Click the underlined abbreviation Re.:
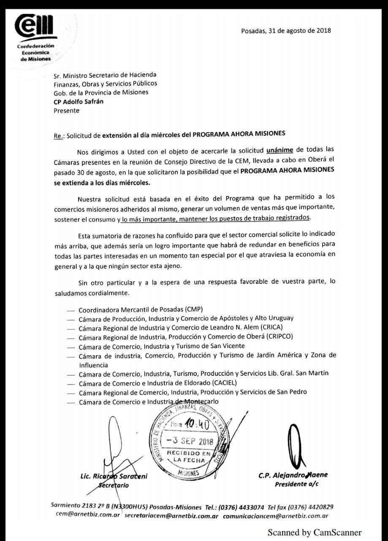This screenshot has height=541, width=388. [58, 136]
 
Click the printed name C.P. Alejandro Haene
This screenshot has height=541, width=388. [293, 475]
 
